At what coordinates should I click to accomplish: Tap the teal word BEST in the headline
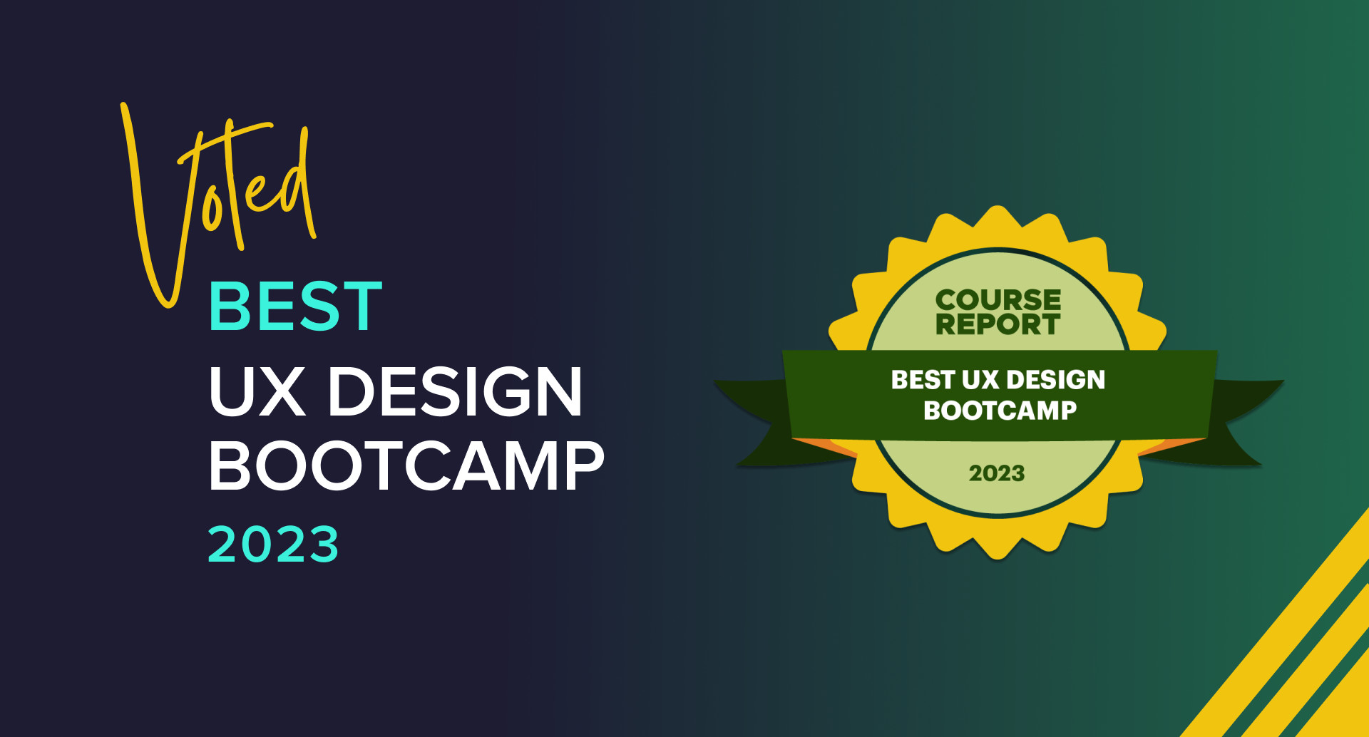coord(296,306)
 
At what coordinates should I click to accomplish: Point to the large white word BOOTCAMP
coord(406,465)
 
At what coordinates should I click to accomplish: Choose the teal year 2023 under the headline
coord(273,545)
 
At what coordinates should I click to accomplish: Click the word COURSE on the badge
coord(998,300)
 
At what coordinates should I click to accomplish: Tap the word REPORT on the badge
coord(998,324)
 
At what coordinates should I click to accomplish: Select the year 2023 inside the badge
coord(997,473)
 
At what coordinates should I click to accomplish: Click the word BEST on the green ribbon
coord(923,380)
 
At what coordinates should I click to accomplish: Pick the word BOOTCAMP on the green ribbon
coord(1000,411)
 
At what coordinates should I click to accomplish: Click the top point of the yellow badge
coord(998,207)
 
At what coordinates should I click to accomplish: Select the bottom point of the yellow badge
coord(998,558)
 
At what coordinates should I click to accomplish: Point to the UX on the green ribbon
coord(980,380)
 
